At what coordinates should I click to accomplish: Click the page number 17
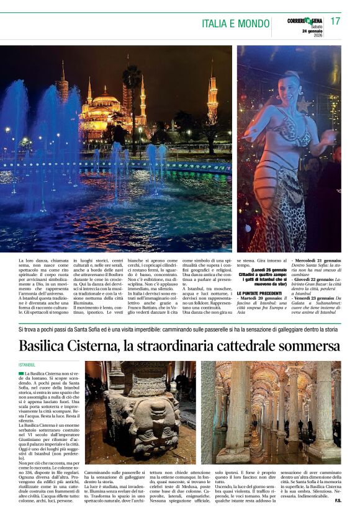335,21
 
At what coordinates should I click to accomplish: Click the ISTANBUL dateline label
28,365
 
